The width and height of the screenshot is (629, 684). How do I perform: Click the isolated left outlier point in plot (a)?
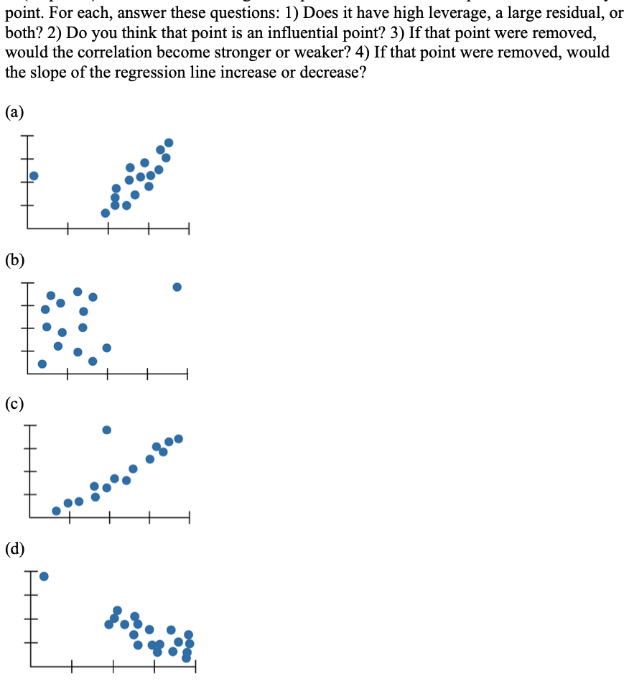coord(33,175)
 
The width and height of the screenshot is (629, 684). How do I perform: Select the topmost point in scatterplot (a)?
coord(169,142)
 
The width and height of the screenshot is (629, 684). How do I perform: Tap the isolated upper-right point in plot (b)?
coord(177,287)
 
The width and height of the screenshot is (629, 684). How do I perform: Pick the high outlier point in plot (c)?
coord(106,430)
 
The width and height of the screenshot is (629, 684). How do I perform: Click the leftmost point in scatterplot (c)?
coord(56,511)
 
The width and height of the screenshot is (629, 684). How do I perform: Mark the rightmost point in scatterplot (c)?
coord(178,438)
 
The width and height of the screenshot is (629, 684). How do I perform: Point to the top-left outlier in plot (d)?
coord(44,576)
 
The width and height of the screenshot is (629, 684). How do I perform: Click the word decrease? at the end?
coord(330,73)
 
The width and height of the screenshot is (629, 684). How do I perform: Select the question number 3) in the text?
coord(399,34)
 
